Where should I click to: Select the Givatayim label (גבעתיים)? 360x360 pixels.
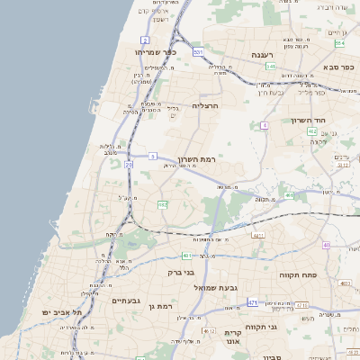(129, 301)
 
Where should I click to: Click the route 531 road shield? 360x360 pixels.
(198, 53)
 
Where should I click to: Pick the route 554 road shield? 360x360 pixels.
(339, 43)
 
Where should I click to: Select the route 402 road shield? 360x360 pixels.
(312, 131)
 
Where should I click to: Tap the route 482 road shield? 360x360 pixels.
(162, 206)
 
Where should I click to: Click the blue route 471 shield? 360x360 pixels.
(253, 302)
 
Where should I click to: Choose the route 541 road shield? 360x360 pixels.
(271, 67)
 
